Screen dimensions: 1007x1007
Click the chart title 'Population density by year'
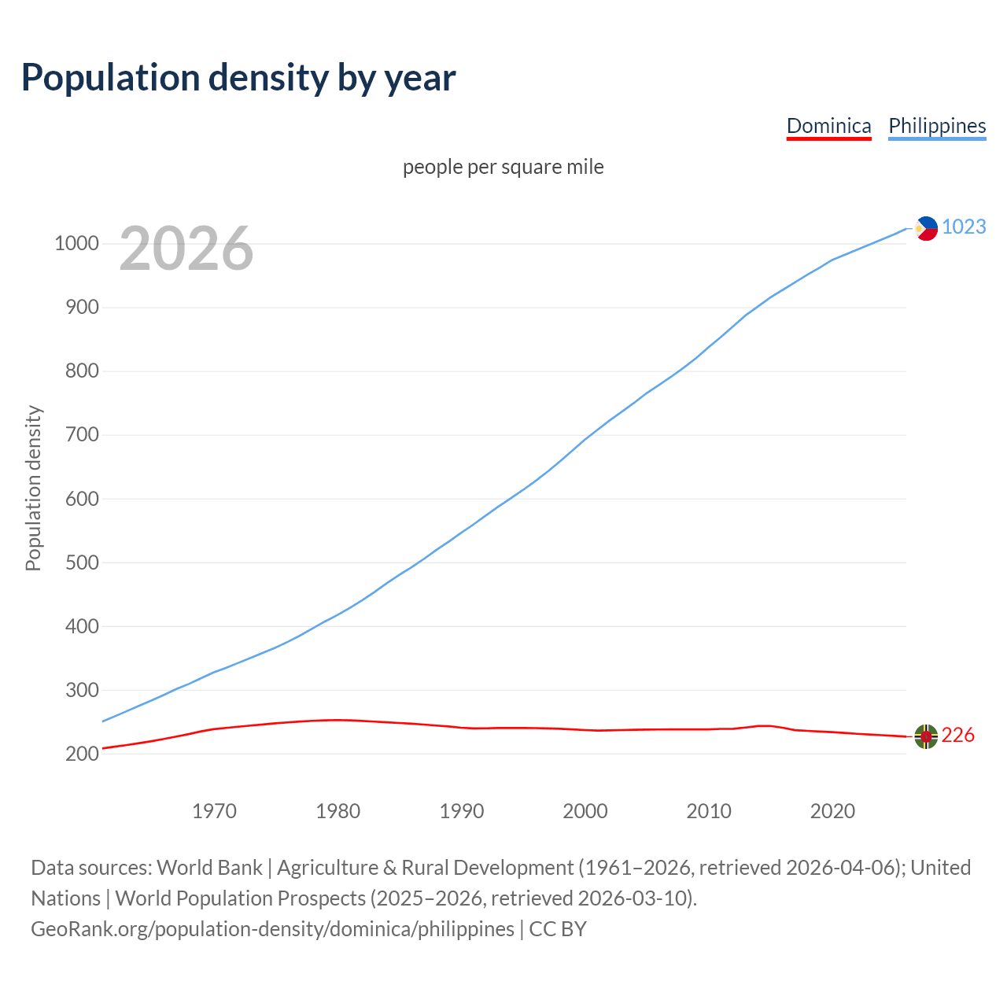238,78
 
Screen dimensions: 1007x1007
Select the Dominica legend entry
828,126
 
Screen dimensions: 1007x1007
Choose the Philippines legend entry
937,126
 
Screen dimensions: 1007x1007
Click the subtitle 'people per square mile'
503,168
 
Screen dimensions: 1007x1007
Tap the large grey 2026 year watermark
186,249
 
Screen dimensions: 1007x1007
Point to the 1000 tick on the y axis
76,244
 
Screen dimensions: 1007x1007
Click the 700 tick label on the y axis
82,435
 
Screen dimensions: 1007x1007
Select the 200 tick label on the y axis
82,754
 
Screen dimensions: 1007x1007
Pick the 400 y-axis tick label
82,626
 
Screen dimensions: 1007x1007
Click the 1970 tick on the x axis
214,811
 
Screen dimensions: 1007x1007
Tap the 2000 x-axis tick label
585,811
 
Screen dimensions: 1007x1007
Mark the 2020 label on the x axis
832,811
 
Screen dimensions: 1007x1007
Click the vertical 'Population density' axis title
33,488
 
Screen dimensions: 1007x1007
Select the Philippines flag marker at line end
926,228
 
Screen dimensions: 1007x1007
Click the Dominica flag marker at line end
926,736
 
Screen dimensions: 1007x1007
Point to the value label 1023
964,227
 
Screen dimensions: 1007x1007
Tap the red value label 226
957,736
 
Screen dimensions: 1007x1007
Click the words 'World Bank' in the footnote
209,868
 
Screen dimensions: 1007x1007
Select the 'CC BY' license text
558,929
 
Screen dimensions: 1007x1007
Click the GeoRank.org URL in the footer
272,929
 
